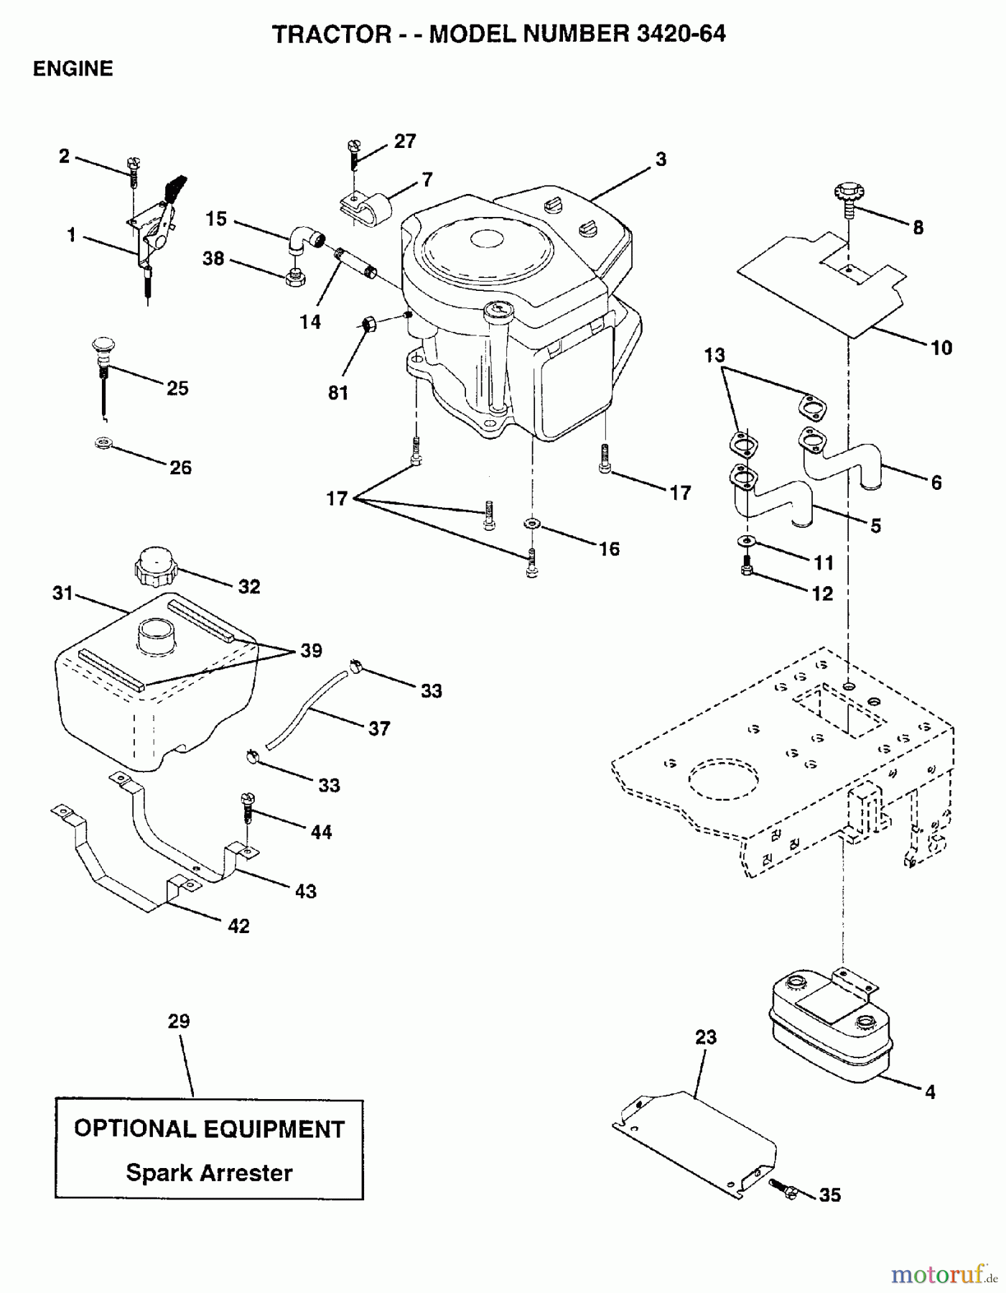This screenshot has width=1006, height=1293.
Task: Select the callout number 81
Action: point(338,393)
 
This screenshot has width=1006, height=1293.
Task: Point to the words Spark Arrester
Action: point(209,1173)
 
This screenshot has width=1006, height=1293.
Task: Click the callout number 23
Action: point(706,1037)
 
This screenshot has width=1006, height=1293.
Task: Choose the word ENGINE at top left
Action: point(73,69)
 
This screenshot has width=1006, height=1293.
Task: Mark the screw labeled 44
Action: point(247,808)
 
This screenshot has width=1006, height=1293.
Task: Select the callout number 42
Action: point(238,926)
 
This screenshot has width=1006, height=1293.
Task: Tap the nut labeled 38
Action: point(293,277)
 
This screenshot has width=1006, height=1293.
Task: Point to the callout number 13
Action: point(714,355)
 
